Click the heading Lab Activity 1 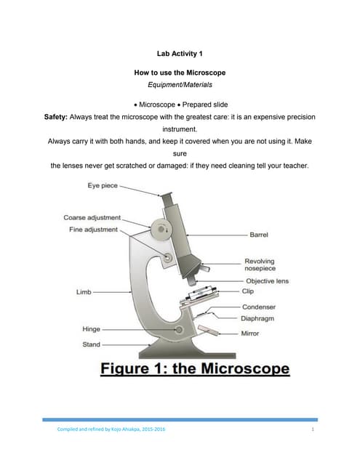pyautogui.click(x=179, y=53)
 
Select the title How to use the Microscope pyautogui.click(x=179, y=73)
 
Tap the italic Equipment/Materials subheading pyautogui.click(x=179, y=85)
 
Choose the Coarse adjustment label pyautogui.click(x=92, y=218)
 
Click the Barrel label pyautogui.click(x=259, y=235)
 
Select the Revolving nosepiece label pyautogui.click(x=260, y=265)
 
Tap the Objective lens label pyautogui.click(x=267, y=280)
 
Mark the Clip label pyautogui.click(x=248, y=291)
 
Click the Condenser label pyautogui.click(x=258, y=307)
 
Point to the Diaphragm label pyautogui.click(x=258, y=318)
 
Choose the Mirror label pyautogui.click(x=250, y=333)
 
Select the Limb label pyautogui.click(x=84, y=291)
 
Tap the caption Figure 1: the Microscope pyautogui.click(x=194, y=368)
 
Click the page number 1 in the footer pyautogui.click(x=311, y=434)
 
